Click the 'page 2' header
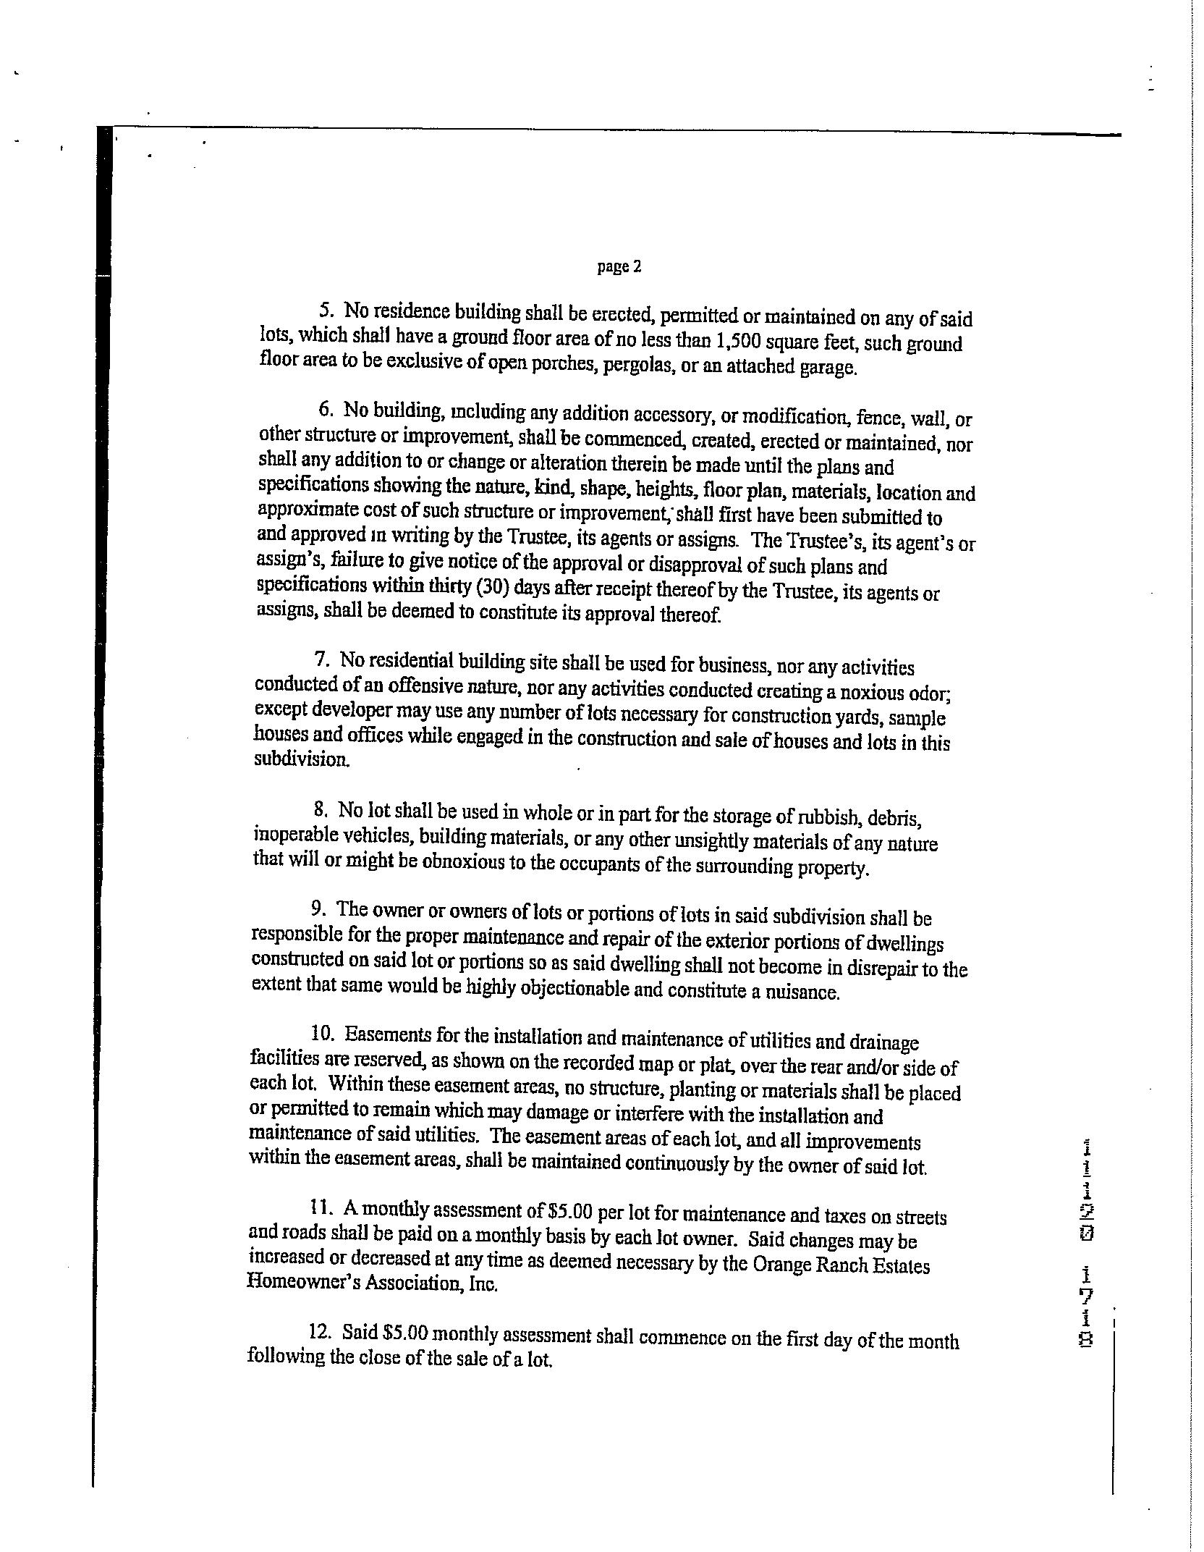619,267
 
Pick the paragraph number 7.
321,659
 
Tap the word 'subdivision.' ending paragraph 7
300,760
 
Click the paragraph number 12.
318,1331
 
